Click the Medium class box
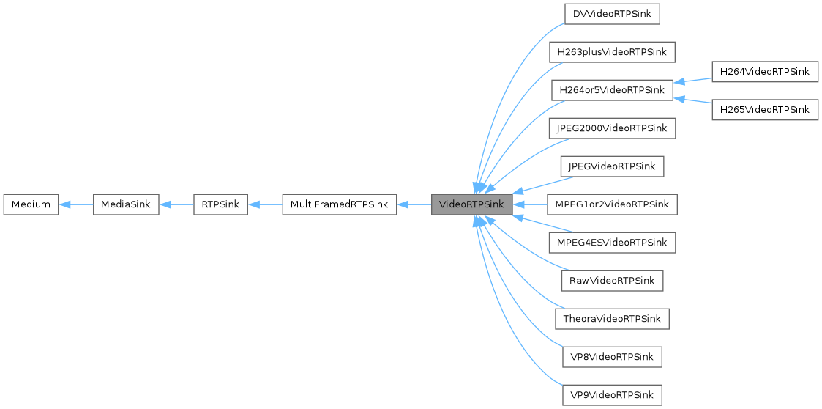pos(31,204)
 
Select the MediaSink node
pos(126,204)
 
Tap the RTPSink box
pos(220,204)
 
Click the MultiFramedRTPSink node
pos(339,204)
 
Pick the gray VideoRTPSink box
pos(471,204)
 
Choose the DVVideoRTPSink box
pos(611,14)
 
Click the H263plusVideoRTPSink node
pos(611,52)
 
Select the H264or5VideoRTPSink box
pos(611,90)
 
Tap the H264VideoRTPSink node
pos(765,71)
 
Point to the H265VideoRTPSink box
pos(765,109)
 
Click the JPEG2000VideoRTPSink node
pos(611,128)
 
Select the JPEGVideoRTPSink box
pos(611,166)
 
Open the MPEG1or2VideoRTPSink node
pos(611,204)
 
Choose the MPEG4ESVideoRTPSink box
pos(611,243)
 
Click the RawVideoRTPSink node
pos(611,281)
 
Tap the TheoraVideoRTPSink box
pos(611,319)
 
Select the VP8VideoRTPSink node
pos(611,357)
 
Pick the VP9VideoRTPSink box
pos(611,395)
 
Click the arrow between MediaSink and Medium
pos(75,204)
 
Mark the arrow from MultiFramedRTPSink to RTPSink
pos(265,204)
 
